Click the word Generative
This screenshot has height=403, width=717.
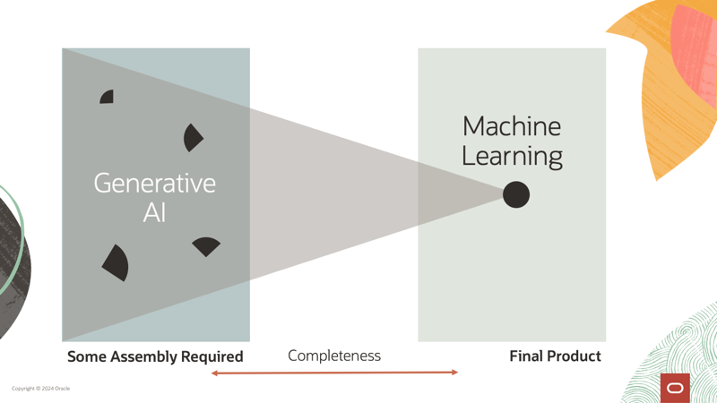[x=155, y=184]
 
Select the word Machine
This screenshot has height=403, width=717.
[x=511, y=126]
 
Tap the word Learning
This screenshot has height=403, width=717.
[x=512, y=157]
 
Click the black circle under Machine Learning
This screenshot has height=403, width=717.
[x=516, y=194]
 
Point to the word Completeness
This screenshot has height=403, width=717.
[x=334, y=356]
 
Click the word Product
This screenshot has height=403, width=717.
[x=574, y=356]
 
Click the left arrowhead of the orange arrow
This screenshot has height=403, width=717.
[x=214, y=373]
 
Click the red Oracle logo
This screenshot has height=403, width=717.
[x=675, y=388]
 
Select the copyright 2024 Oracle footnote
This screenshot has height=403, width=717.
[x=40, y=389]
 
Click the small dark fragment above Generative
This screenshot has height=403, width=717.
[x=108, y=97]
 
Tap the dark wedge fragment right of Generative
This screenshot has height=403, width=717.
[x=192, y=138]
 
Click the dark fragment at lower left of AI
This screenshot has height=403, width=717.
[x=116, y=262]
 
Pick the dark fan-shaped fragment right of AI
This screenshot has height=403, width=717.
[x=206, y=245]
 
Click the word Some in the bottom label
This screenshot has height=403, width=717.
[x=88, y=356]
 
